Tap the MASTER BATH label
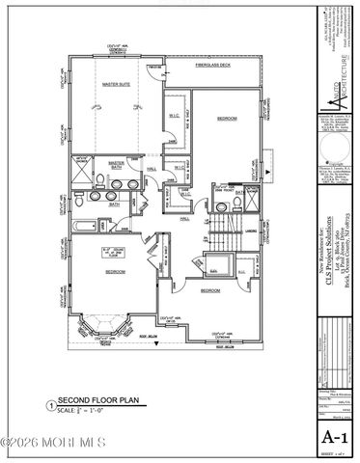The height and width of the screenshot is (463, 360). (117, 165)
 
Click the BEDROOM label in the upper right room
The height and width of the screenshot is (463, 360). (227, 118)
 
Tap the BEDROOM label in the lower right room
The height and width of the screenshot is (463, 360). (210, 289)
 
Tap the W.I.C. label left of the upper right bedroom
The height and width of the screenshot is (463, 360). (174, 120)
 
